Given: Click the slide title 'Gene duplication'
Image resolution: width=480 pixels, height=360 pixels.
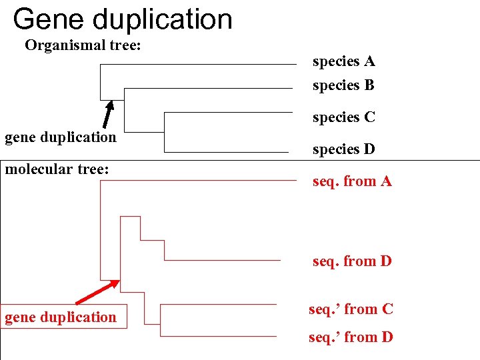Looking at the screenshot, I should (123, 19).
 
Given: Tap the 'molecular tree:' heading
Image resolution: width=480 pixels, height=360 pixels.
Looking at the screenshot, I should (57, 169).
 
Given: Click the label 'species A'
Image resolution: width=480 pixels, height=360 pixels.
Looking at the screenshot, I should (344, 62).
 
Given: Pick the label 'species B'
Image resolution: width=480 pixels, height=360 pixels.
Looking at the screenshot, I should (344, 85).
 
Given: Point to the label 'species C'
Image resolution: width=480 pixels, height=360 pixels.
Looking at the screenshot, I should (344, 117).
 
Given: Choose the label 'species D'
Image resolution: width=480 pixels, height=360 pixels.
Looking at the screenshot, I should (344, 149).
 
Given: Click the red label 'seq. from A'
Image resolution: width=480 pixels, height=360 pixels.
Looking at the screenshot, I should (352, 181).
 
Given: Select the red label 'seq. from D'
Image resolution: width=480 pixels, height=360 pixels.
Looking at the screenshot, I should (352, 261).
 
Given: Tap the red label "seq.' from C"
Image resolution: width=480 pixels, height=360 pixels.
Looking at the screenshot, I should (351, 309).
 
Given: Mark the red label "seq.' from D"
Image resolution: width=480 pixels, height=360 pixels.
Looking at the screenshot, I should (351, 337).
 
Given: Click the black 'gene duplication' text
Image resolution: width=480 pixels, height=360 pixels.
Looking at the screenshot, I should (61, 137).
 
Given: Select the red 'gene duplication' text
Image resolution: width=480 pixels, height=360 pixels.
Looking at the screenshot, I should (61, 317).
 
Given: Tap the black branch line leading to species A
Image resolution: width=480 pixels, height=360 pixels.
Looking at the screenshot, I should (200, 65).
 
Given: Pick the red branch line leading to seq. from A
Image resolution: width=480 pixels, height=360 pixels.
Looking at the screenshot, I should (200, 180).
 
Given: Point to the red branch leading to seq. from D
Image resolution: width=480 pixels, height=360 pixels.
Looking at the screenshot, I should (220, 259).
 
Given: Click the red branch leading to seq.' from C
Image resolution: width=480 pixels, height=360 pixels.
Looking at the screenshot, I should (220, 305).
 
